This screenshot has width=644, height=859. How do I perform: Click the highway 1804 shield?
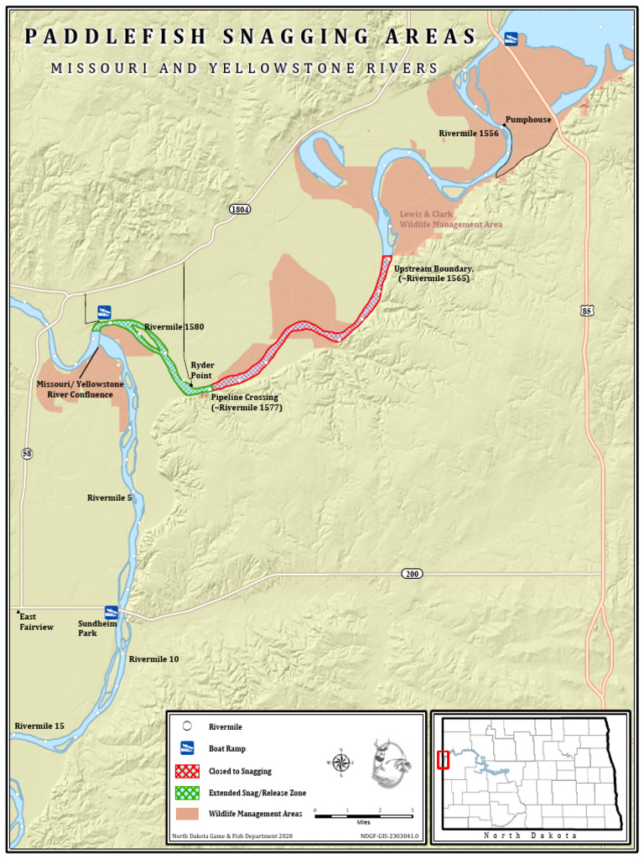pyautogui.click(x=240, y=208)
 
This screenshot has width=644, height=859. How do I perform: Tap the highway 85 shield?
pyautogui.click(x=587, y=311)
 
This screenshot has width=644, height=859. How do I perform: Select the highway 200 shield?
pyautogui.click(x=411, y=574)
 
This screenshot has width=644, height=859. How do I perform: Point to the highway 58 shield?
pyautogui.click(x=28, y=454)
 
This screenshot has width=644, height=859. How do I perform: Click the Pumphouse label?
pyautogui.click(x=528, y=120)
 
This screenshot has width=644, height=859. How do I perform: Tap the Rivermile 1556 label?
pyautogui.click(x=468, y=133)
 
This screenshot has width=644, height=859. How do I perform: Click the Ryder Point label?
pyautogui.click(x=202, y=371)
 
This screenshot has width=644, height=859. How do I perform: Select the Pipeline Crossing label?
pyautogui.click(x=246, y=402)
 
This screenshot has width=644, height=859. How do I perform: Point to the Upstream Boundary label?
pyautogui.click(x=434, y=273)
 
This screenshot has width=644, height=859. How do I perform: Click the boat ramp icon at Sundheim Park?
pyautogui.click(x=111, y=612)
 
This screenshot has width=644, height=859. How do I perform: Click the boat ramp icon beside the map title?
pyautogui.click(x=510, y=39)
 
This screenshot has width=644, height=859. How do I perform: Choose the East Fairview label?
pyautogui.click(x=36, y=622)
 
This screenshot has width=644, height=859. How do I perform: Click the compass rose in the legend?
pyautogui.click(x=341, y=763)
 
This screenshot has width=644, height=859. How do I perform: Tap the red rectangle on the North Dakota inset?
pyautogui.click(x=444, y=760)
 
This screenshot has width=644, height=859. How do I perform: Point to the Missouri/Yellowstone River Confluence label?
pyautogui.click(x=80, y=389)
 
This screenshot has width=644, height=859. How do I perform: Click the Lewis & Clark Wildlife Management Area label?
pyautogui.click(x=450, y=220)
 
